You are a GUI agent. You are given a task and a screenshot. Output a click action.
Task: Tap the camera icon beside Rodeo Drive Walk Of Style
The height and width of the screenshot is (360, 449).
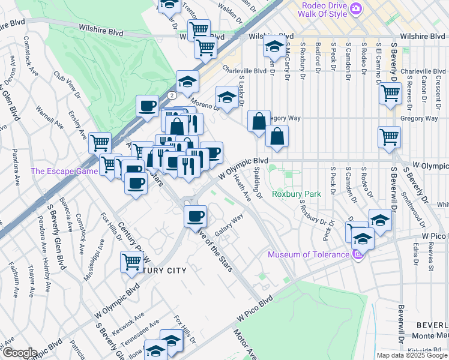(x=356, y=8)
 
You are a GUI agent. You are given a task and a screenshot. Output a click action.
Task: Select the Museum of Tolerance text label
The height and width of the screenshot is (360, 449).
(x=308, y=254)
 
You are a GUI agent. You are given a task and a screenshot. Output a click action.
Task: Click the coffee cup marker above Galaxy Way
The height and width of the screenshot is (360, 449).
(x=194, y=215)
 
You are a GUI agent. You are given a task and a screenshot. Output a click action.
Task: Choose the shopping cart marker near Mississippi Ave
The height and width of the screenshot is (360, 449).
(x=131, y=261)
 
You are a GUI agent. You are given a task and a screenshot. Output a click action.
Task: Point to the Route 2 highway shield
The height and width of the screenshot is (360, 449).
(x=172, y=95)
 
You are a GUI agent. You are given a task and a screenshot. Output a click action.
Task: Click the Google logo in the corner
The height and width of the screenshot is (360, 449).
(x=19, y=353)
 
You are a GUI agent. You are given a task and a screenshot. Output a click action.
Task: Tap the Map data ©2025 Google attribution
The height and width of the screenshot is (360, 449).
(x=411, y=355)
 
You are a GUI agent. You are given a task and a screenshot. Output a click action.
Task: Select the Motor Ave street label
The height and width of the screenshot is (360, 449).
(x=245, y=345)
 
